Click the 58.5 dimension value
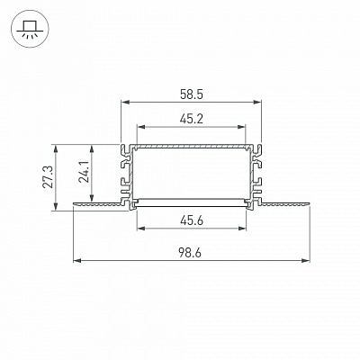pos(192,94)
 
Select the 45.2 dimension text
pos(192,120)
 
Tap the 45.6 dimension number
pos(192,221)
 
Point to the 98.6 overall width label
pos(190,253)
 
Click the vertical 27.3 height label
pos(48,177)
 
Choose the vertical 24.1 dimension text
pos(84,172)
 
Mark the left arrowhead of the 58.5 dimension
pos(125,103)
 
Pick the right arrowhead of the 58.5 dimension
pos(257,103)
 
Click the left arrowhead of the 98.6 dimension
pos(77,260)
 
